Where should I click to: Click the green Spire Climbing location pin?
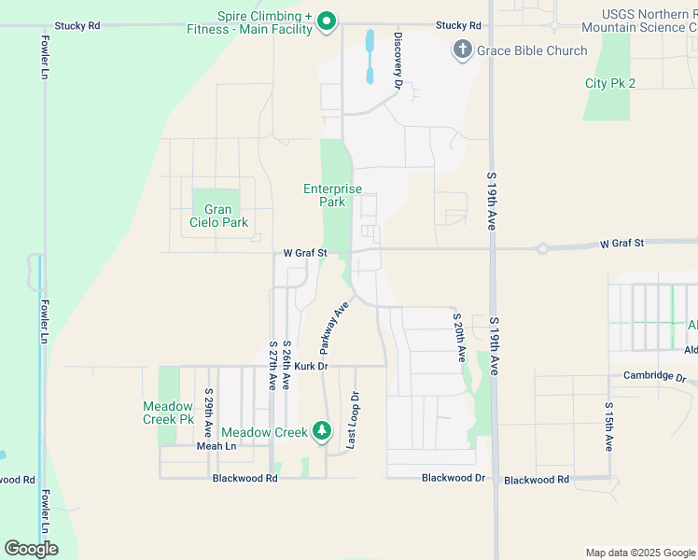coord(326,21)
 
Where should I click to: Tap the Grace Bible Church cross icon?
coord(462,49)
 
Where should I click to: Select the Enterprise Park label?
coord(326,195)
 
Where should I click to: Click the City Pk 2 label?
coord(610,83)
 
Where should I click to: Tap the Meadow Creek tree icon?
coord(322,431)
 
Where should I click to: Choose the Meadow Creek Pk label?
coord(168,413)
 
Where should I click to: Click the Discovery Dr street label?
coord(398,61)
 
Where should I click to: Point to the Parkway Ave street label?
coord(334,326)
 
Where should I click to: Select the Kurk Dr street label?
coord(312,366)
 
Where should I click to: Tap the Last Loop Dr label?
coord(353,421)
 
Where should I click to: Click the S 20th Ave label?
coord(458,337)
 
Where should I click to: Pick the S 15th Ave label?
coord(607,427)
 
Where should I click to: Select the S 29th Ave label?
coord(209,413)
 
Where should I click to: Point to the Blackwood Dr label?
coord(454,478)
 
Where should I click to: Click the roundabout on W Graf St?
coord(541,248)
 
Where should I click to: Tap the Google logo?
coord(32,548)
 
